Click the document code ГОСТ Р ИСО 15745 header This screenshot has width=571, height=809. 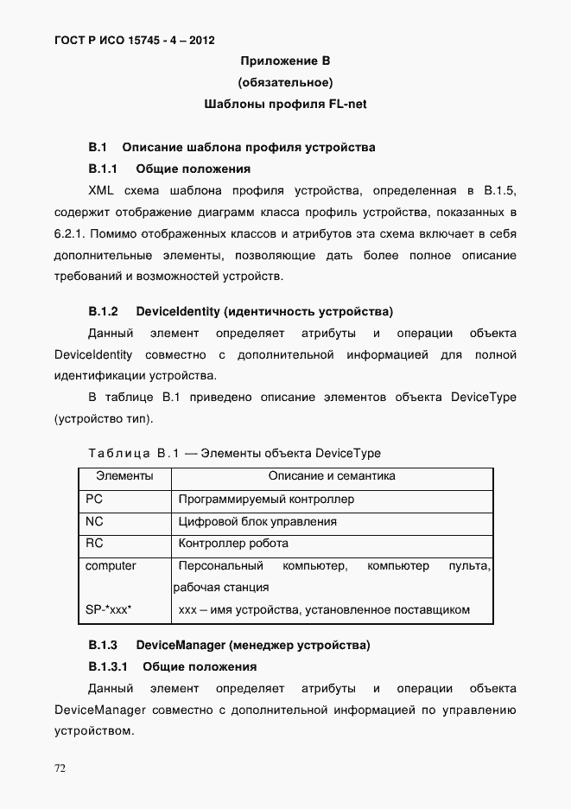(128, 40)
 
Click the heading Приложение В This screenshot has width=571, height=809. (285, 61)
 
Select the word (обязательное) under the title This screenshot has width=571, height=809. (285, 83)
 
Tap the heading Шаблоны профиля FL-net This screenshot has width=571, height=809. (285, 105)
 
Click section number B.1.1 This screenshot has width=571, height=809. (103, 169)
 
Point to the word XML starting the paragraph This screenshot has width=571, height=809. (103, 190)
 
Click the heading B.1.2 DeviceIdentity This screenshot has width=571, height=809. (240, 310)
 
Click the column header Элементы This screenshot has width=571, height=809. (124, 476)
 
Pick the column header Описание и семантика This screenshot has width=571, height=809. (332, 476)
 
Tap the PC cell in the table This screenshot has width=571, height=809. (94, 500)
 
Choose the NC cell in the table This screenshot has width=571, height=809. (94, 522)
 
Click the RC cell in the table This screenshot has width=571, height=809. (94, 544)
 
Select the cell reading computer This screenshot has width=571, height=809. (111, 566)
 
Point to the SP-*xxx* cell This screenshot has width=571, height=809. (108, 610)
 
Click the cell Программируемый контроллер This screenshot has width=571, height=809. (266, 500)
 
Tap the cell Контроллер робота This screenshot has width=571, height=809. (233, 544)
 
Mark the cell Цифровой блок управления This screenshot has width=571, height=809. (257, 522)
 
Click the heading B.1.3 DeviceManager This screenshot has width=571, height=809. (229, 645)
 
